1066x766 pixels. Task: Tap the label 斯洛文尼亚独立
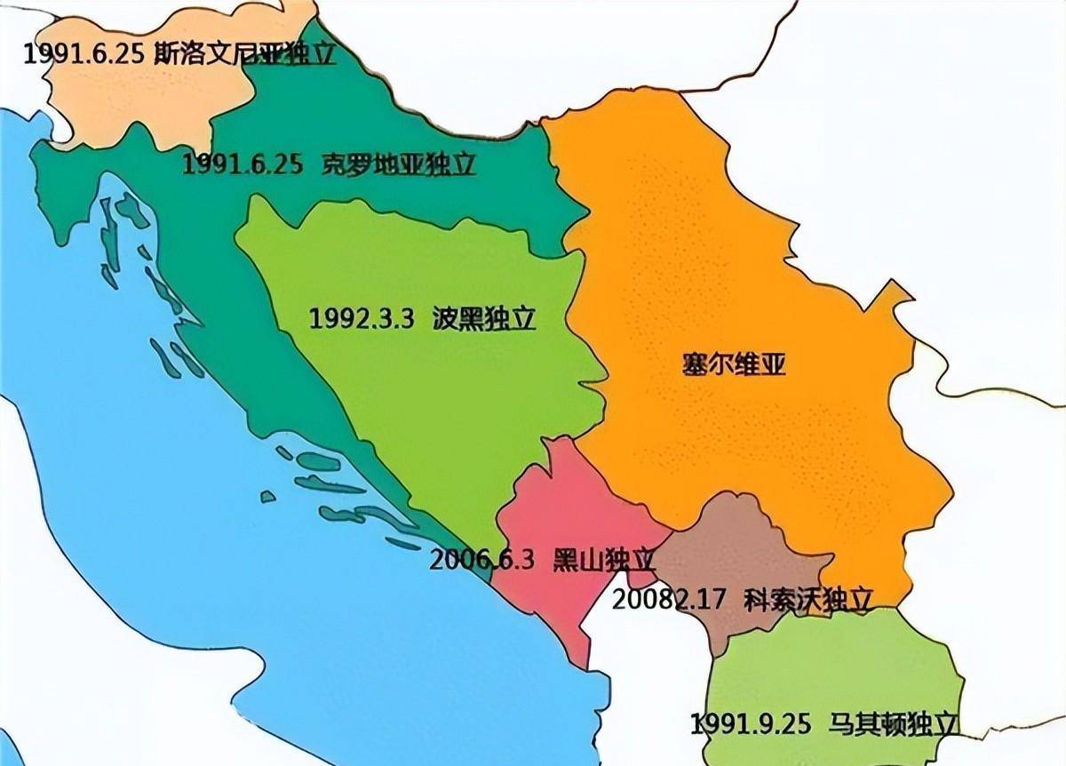(245, 53)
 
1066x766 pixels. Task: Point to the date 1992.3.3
(362, 319)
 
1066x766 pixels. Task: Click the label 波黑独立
(485, 319)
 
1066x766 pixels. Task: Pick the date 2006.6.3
(482, 560)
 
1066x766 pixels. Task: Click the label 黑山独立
(604, 560)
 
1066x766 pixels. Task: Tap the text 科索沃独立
(808, 598)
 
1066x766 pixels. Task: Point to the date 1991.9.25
(751, 723)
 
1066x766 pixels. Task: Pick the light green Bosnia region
(426, 391)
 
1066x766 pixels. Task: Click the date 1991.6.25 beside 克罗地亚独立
(240, 165)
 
